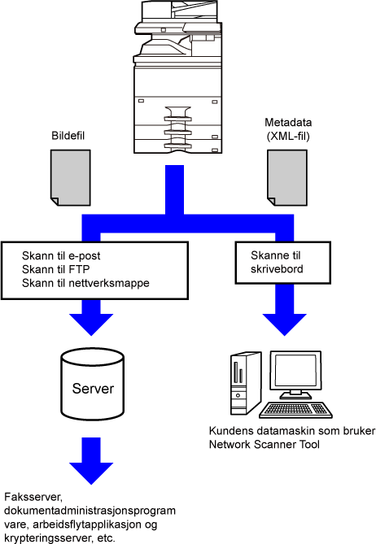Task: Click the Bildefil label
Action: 68,136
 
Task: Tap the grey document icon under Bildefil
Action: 71,177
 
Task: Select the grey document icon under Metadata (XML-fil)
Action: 287,177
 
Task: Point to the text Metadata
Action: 288,123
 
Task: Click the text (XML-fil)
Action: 288,136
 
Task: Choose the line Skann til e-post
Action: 61,255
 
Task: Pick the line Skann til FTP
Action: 55,269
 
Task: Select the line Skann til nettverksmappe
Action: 85,283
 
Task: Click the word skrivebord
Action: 277,269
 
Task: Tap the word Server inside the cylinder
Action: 93,389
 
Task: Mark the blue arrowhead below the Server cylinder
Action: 91,473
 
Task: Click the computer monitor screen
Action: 295,370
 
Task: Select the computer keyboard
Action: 295,410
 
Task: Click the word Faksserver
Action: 33,497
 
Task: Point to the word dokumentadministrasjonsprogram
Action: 90,511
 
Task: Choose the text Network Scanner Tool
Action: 265,445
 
